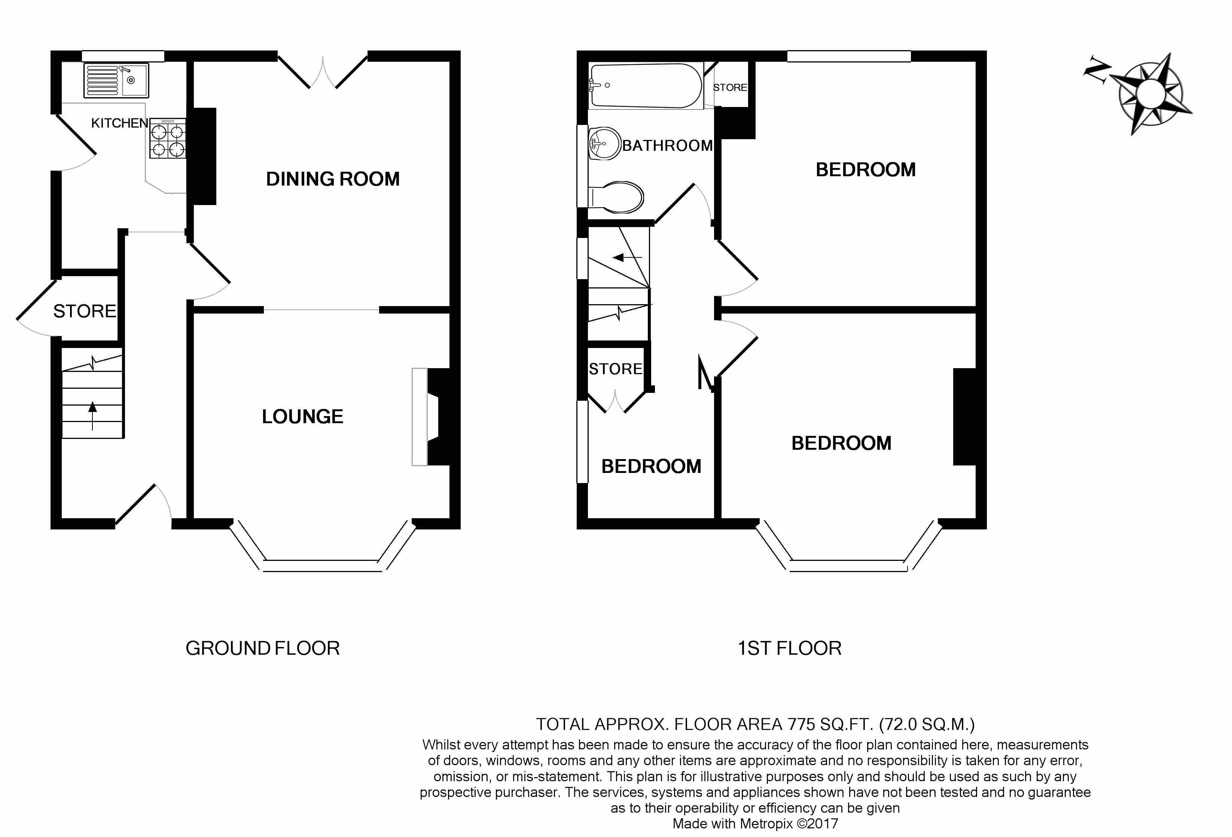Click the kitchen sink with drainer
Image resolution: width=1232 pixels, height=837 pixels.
click(x=116, y=80)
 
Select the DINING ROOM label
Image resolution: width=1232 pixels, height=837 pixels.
click(x=333, y=179)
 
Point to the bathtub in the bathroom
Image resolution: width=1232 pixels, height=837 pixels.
click(x=646, y=86)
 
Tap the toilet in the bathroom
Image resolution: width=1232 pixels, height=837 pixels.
click(x=616, y=197)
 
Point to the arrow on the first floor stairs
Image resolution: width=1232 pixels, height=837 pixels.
click(x=627, y=258)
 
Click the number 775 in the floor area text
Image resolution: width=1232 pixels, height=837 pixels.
click(x=801, y=724)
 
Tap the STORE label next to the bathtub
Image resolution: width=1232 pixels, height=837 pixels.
click(x=730, y=88)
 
